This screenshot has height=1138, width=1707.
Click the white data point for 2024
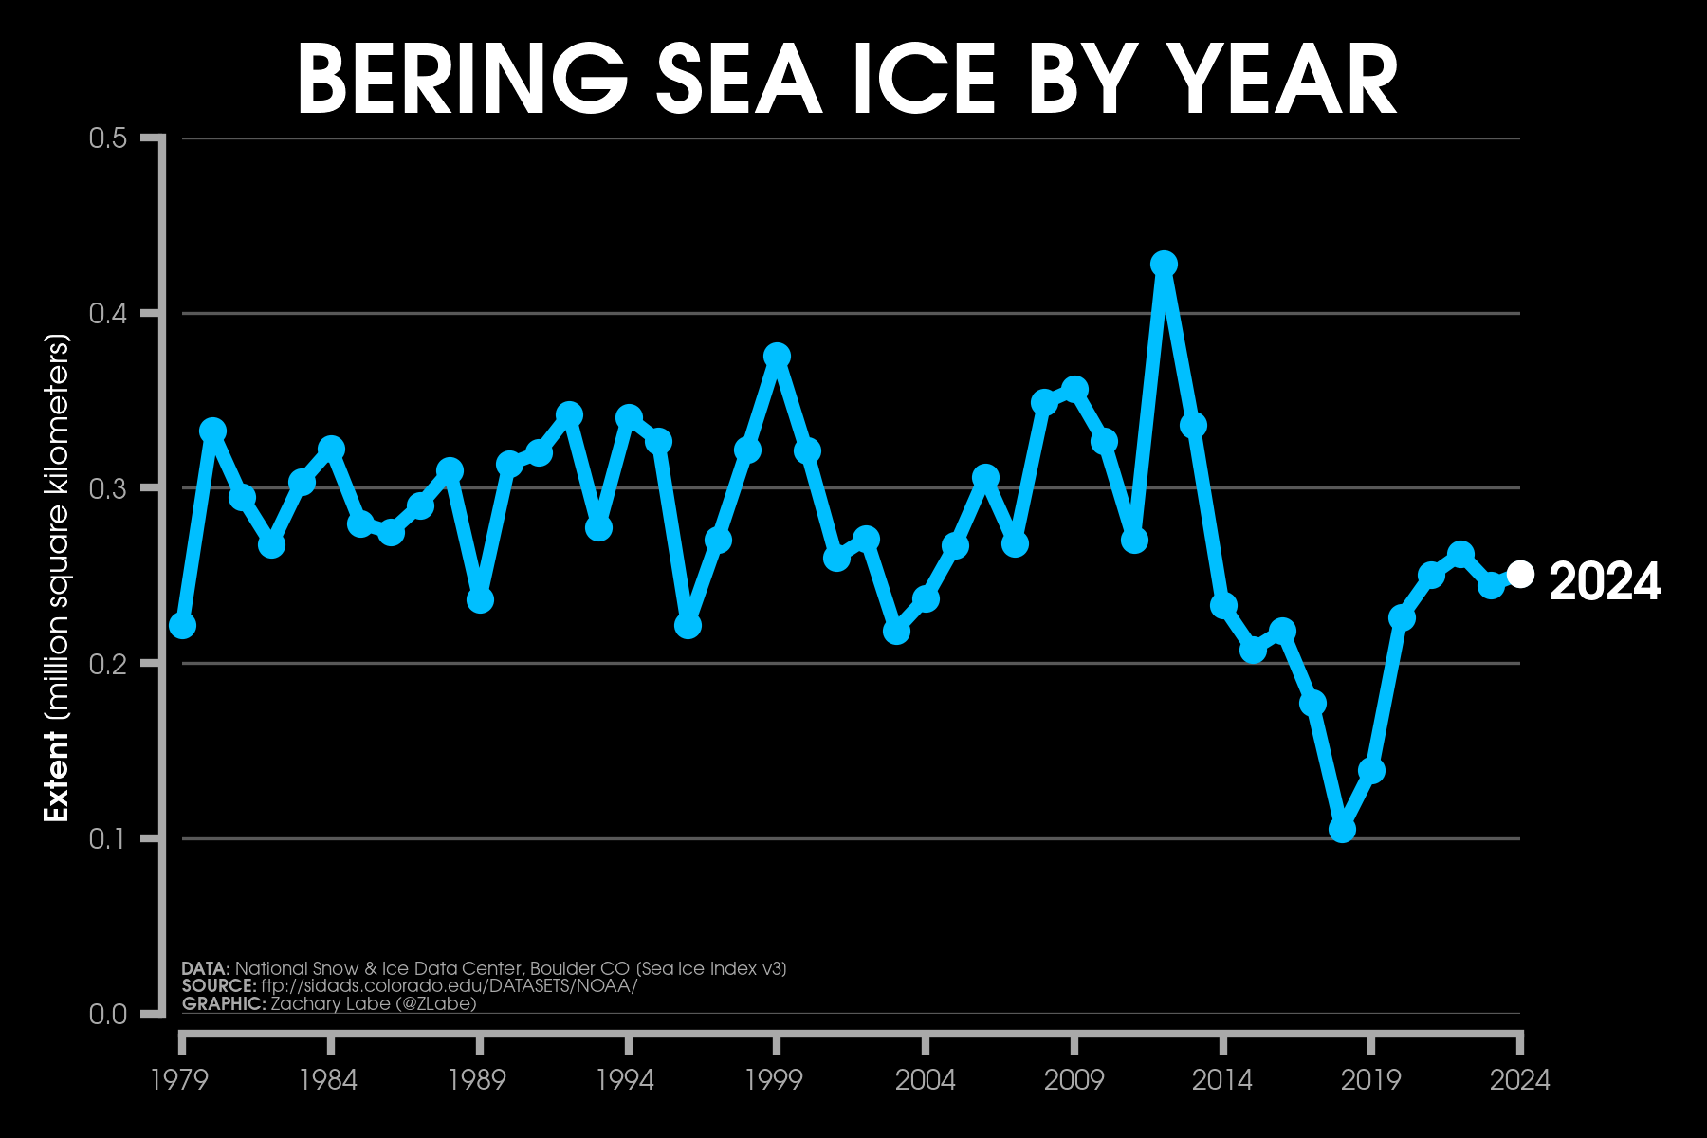1520,574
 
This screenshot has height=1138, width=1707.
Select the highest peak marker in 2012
1164,264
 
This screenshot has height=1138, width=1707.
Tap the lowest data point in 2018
1342,829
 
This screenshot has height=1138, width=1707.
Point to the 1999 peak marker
777,356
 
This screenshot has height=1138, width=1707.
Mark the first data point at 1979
182,625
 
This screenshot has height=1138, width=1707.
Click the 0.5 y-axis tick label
107,138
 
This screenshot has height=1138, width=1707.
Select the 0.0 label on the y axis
107,1014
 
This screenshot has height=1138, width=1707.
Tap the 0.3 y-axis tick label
107,488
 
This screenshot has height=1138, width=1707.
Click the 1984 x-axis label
328,1079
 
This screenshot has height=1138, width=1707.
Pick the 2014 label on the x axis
1222,1079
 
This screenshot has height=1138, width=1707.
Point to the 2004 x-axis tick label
925,1079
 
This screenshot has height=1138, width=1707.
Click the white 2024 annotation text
1605,581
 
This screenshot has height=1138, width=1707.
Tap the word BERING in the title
462,81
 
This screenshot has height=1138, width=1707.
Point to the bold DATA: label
206,968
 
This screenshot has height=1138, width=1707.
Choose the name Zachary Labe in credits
335,1003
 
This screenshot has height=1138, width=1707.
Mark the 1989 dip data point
480,599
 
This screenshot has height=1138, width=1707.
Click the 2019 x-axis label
1370,1079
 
